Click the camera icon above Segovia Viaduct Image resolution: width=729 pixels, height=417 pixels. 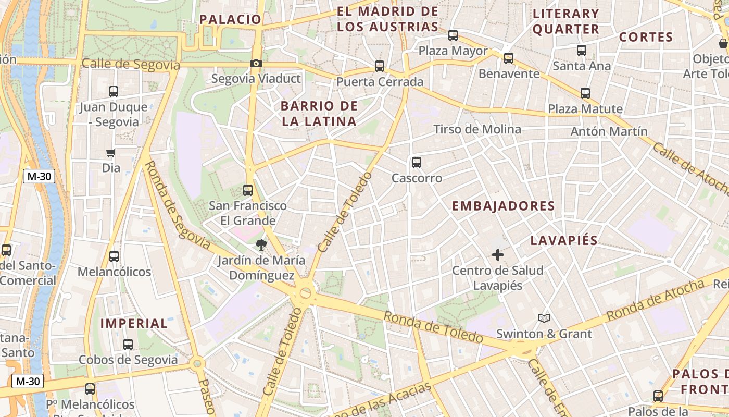point(256,64)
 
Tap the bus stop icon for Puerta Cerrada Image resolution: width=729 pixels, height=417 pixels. point(380,66)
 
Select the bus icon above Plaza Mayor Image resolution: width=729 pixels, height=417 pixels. point(453,35)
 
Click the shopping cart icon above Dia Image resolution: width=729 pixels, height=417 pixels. point(110,153)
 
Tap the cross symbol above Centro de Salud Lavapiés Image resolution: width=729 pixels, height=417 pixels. point(498,255)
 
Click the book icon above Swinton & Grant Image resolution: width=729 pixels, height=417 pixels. point(544,318)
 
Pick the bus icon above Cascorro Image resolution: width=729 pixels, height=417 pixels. point(417,163)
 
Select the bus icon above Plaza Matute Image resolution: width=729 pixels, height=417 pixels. point(585,93)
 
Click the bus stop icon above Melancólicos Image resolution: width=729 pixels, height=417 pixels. point(114,256)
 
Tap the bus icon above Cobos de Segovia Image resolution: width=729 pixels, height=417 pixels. point(128,345)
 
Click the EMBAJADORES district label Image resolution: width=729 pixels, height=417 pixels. point(503,206)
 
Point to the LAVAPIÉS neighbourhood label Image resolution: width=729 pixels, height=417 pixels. point(564,240)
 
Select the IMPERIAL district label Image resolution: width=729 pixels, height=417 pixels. point(134,323)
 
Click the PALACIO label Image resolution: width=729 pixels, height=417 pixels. point(230,19)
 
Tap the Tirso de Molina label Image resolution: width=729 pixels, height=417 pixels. point(477,129)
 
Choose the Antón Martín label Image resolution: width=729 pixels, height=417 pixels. point(609,131)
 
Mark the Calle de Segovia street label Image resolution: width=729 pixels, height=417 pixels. point(131,65)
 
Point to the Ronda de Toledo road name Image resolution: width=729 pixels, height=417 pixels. point(433,327)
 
